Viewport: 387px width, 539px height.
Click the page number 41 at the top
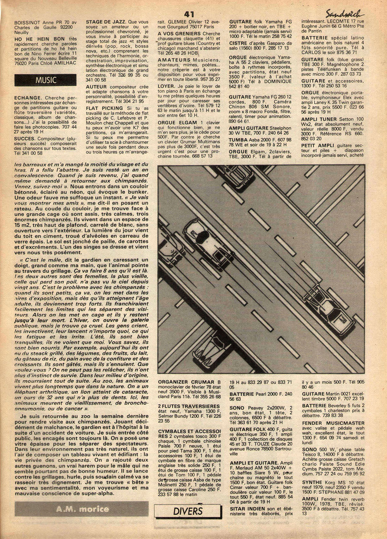[x=189, y=14]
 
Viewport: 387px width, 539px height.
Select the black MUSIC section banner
[x=45, y=80]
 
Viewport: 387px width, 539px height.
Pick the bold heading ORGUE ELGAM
[x=176, y=123]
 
